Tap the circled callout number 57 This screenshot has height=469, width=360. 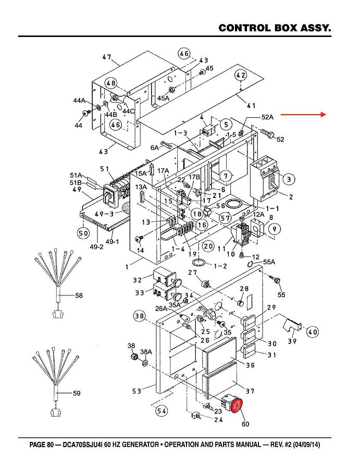(225, 217)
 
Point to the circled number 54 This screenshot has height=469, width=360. (162, 411)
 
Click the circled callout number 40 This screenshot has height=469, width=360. (312, 332)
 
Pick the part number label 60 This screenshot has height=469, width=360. (245, 424)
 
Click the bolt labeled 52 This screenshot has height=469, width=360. (268, 133)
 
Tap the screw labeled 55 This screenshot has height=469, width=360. (275, 280)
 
